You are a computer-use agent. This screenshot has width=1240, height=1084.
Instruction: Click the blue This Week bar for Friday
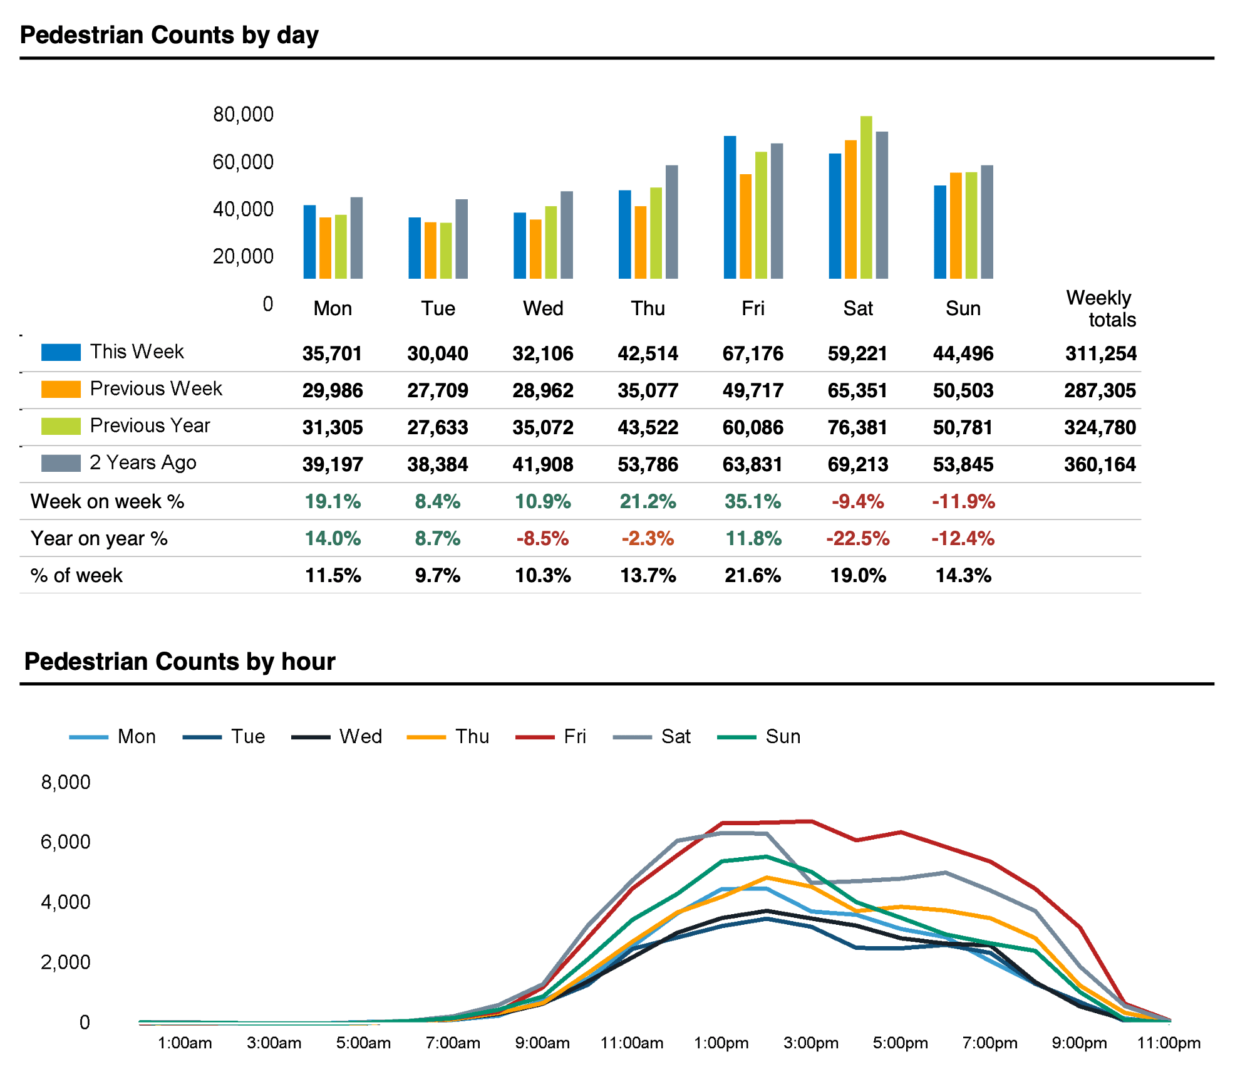pyautogui.click(x=730, y=207)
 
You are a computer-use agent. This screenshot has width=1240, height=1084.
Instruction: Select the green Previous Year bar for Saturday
pyautogui.click(x=866, y=197)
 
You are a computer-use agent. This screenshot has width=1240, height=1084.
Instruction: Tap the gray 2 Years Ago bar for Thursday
pyautogui.click(x=671, y=222)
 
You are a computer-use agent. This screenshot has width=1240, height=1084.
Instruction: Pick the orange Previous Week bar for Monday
pyautogui.click(x=325, y=248)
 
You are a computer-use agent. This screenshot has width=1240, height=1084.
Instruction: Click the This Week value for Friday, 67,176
pyautogui.click(x=753, y=353)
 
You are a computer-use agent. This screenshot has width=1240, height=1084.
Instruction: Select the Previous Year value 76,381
pyautogui.click(x=858, y=427)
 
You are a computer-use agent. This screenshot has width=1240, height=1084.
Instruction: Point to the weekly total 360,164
pyautogui.click(x=1100, y=464)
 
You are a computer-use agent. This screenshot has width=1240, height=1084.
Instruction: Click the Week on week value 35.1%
pyautogui.click(x=753, y=501)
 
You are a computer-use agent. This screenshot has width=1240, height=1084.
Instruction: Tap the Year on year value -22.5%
pyautogui.click(x=858, y=538)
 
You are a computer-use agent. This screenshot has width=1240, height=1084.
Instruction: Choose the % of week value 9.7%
pyautogui.click(x=438, y=575)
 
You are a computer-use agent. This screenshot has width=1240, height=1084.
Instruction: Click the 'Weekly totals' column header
pyautogui.click(x=1101, y=308)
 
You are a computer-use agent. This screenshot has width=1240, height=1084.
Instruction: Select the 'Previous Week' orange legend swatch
pyautogui.click(x=61, y=389)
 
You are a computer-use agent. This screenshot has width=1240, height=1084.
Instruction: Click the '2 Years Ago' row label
pyautogui.click(x=143, y=462)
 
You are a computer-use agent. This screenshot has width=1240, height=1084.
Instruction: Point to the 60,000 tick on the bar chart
pyautogui.click(x=243, y=162)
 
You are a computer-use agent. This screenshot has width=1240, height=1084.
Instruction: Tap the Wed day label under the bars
pyautogui.click(x=543, y=308)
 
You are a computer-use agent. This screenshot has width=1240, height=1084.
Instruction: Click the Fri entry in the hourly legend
pyautogui.click(x=550, y=736)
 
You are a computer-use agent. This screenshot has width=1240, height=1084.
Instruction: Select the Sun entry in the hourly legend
pyautogui.click(x=759, y=736)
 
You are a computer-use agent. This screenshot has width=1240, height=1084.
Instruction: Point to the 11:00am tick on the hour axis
pyautogui.click(x=632, y=1043)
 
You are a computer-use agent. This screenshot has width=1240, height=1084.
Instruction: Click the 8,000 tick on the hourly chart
pyautogui.click(x=66, y=782)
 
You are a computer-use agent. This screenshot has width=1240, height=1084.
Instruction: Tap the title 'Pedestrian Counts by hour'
pyautogui.click(x=180, y=662)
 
